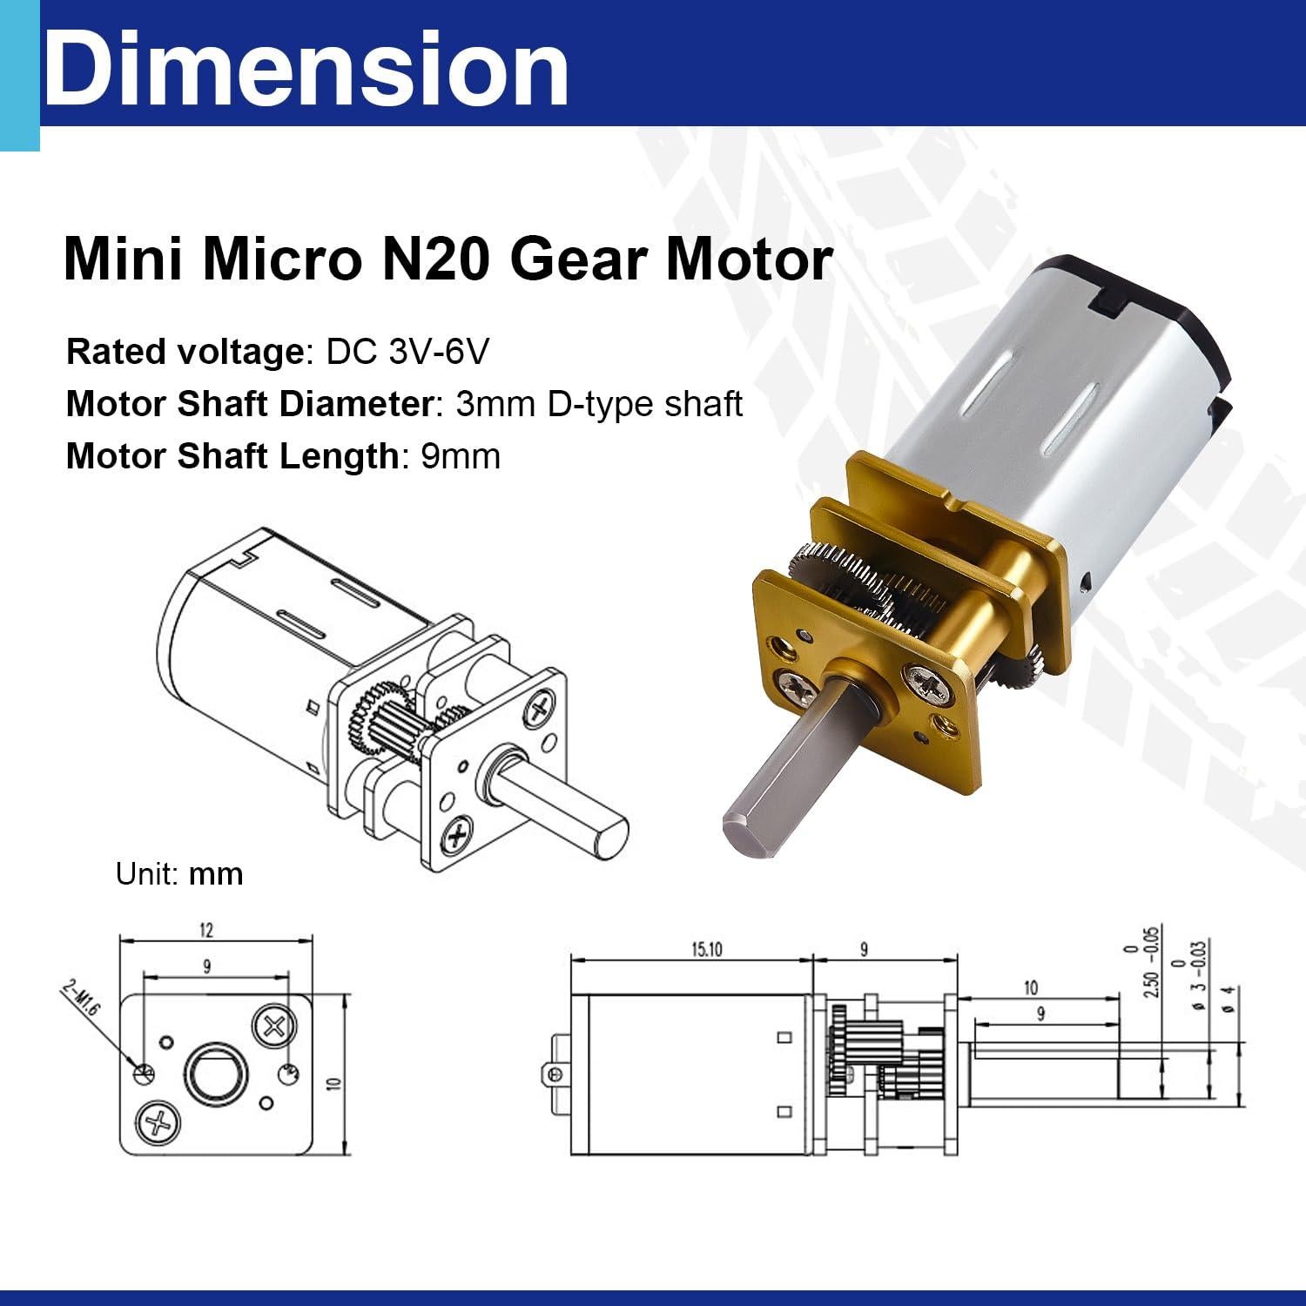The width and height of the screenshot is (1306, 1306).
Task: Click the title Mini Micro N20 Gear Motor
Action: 448,259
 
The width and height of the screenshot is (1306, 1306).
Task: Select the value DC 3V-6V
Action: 407,353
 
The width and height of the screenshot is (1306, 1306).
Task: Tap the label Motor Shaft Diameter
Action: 249,405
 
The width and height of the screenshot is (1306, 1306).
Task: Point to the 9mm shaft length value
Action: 461,456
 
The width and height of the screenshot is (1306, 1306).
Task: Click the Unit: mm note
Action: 179,873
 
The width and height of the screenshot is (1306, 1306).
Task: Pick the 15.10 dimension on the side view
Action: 707,949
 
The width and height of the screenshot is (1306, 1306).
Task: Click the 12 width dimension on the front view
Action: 205,930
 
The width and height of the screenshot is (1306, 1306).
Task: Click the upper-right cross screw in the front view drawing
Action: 273,1026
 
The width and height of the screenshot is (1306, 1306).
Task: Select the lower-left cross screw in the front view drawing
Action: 158,1122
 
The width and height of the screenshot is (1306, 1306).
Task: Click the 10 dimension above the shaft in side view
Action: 1031,987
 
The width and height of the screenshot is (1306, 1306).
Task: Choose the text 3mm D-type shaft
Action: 599,405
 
